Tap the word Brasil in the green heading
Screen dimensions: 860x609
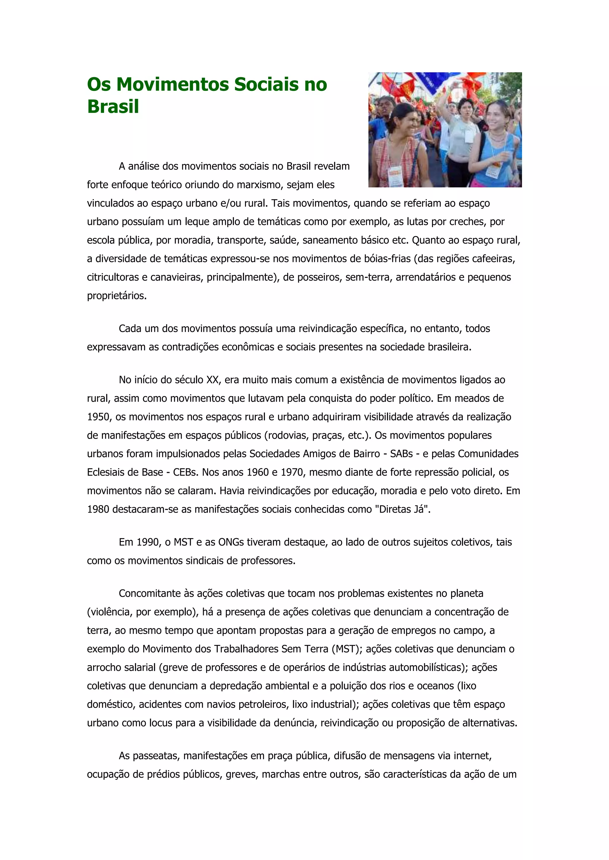click(x=113, y=107)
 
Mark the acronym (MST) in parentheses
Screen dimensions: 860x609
click(x=345, y=649)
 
